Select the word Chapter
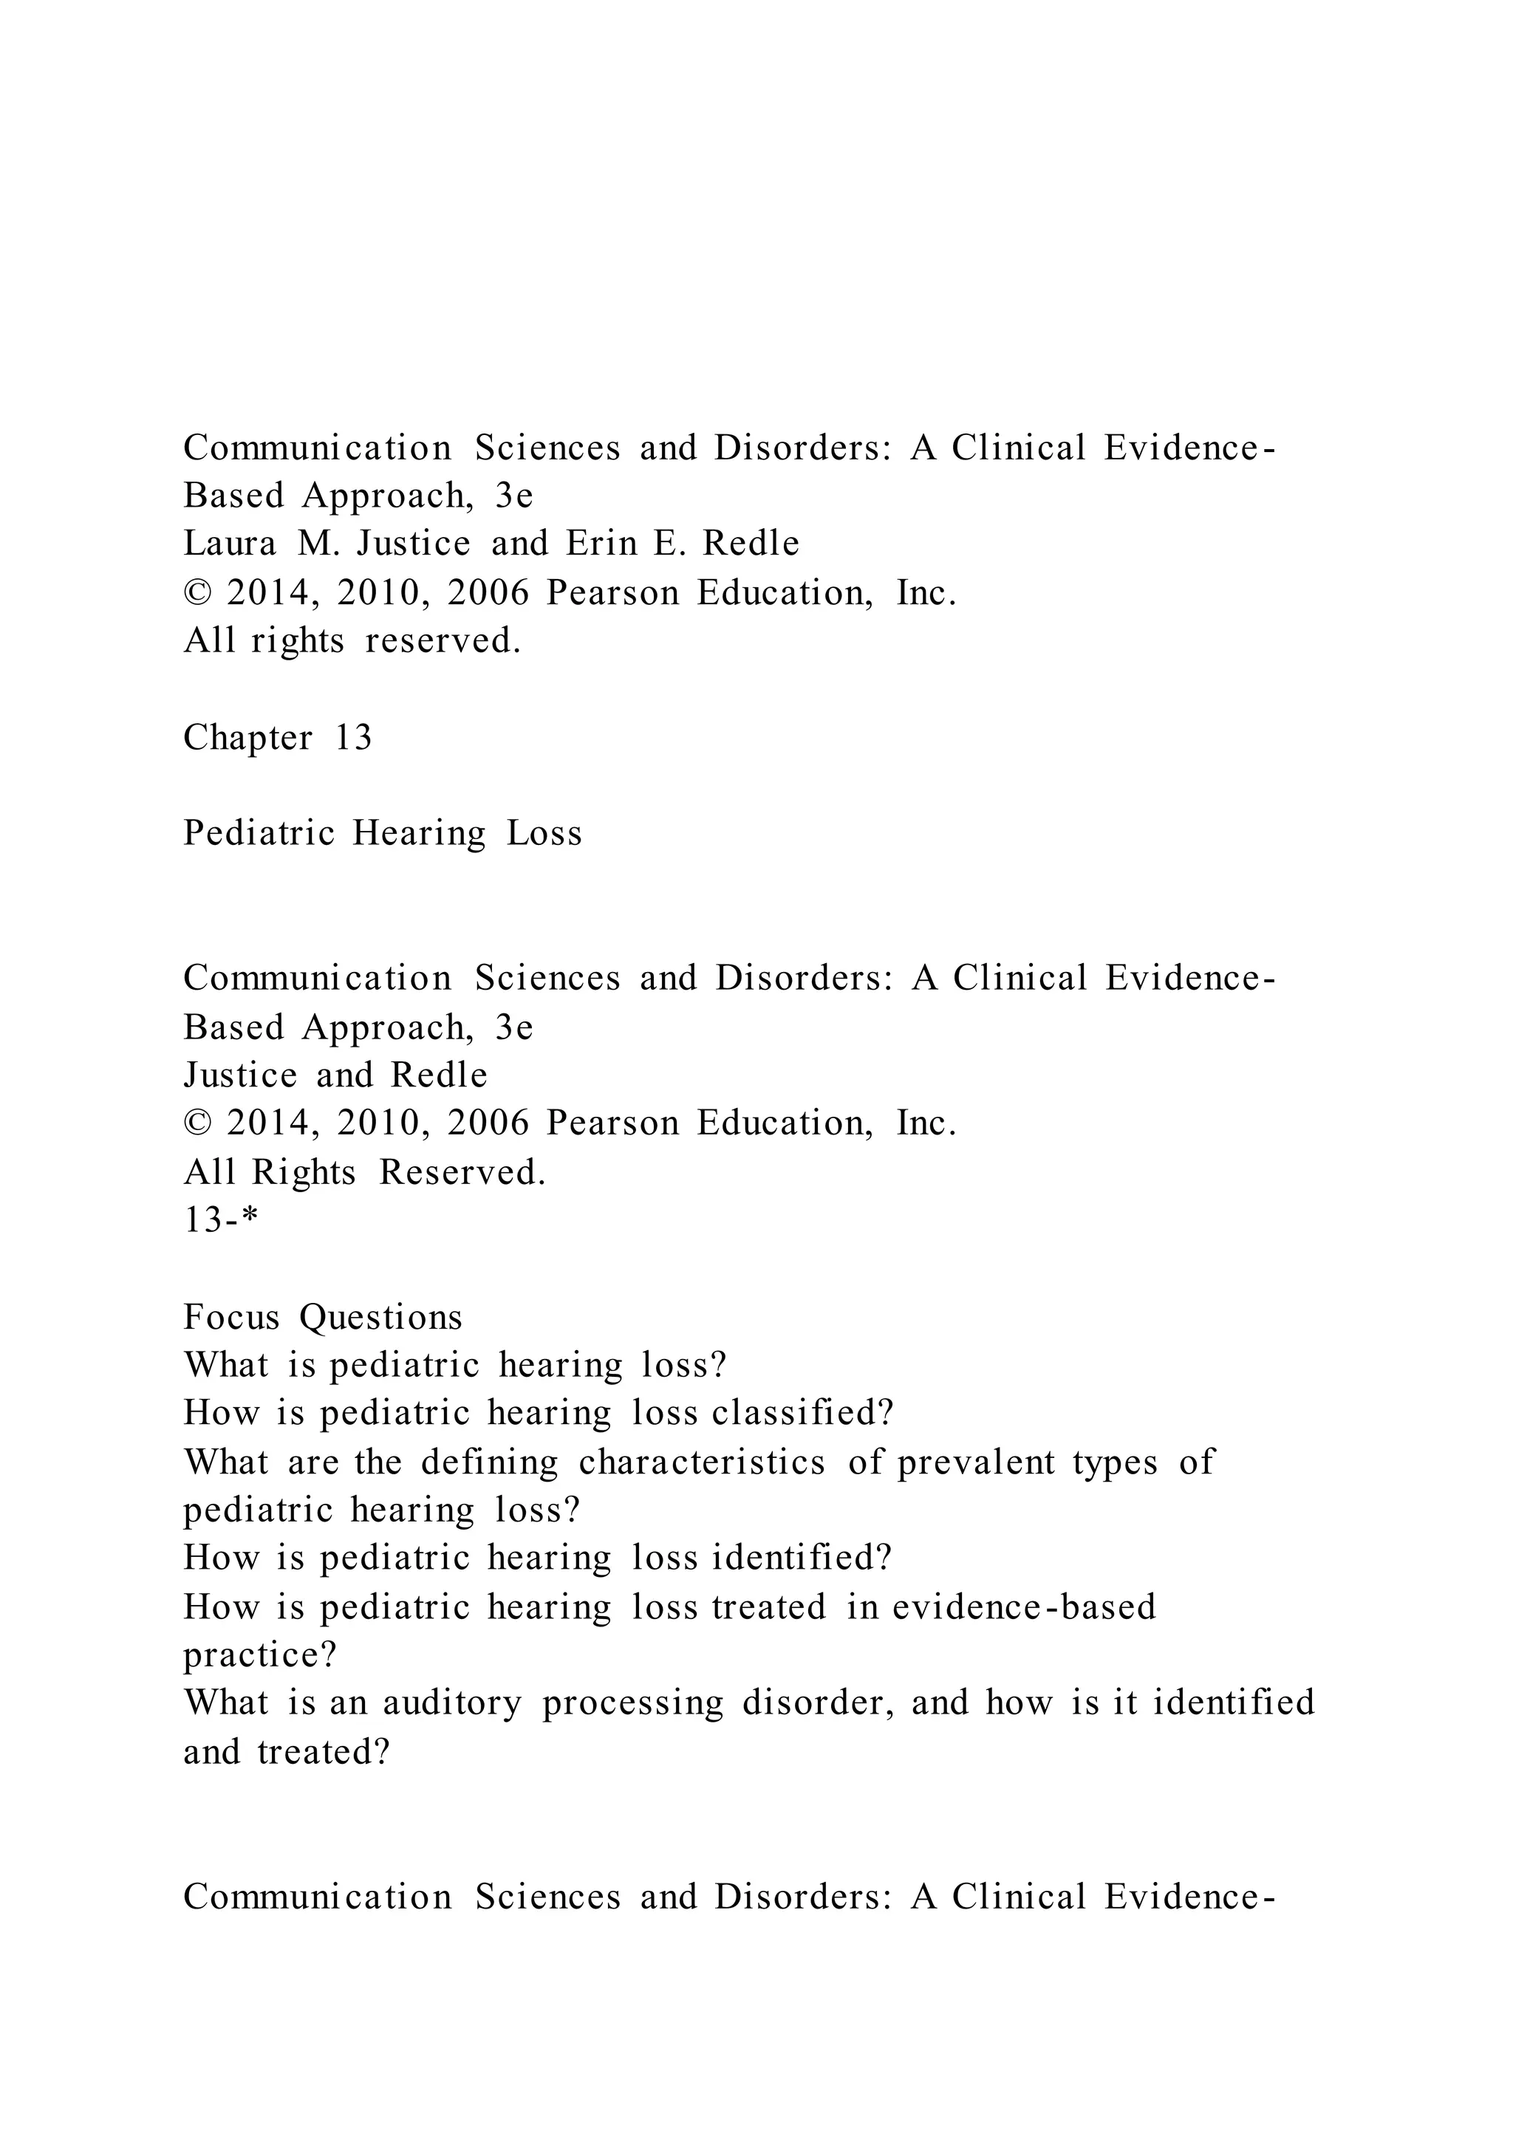tap(247, 738)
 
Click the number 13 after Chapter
tap(353, 738)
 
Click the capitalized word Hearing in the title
tap(418, 833)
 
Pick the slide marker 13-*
tap(220, 1219)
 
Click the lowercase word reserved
tap(443, 641)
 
